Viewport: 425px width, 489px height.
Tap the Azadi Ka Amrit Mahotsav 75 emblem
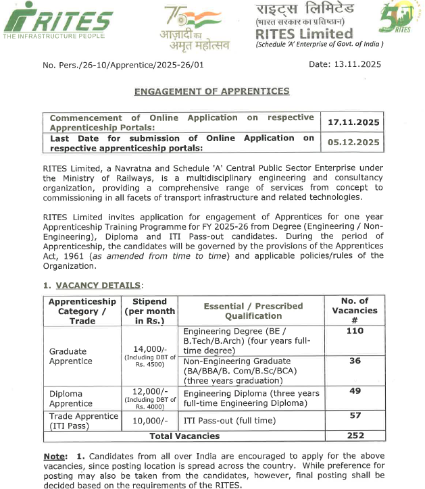(x=191, y=26)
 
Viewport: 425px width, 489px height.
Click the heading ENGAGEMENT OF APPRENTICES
(x=211, y=91)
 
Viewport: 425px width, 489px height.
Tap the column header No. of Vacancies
(x=355, y=311)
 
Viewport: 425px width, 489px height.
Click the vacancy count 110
(x=355, y=331)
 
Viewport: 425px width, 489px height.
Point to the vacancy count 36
(x=355, y=361)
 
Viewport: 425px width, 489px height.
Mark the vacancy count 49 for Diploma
(x=355, y=390)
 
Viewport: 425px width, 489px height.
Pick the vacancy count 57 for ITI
(x=355, y=415)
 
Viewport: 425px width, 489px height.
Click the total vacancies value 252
(x=355, y=436)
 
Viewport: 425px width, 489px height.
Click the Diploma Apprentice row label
(x=71, y=398)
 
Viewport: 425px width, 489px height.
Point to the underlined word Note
(x=55, y=457)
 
